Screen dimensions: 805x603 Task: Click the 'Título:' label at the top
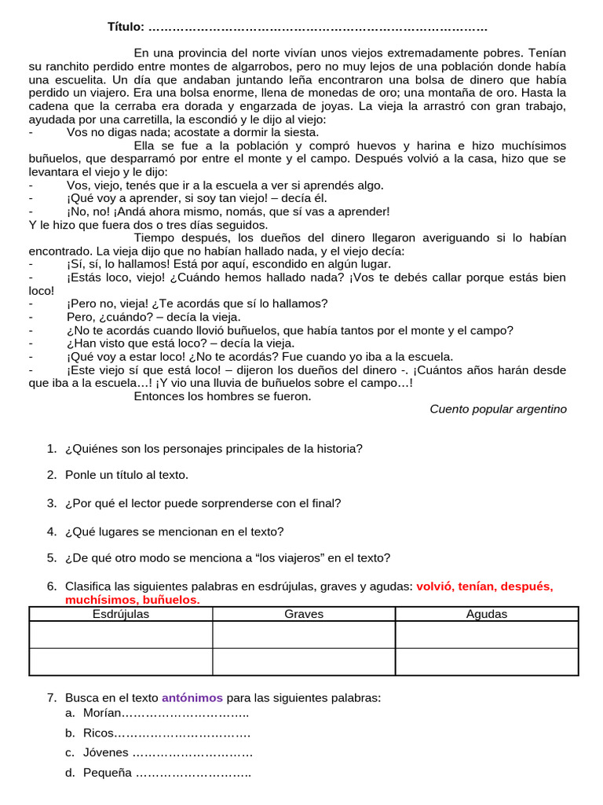126,28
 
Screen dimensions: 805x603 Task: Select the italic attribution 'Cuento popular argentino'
498,409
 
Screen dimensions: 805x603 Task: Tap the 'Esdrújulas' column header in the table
121,614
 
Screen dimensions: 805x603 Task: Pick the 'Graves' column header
304,614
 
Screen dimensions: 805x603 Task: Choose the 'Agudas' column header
487,614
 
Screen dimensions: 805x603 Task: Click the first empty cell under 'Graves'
304,634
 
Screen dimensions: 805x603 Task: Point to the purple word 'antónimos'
192,697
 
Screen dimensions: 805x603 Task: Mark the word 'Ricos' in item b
98,733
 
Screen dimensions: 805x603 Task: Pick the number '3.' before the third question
52,503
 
